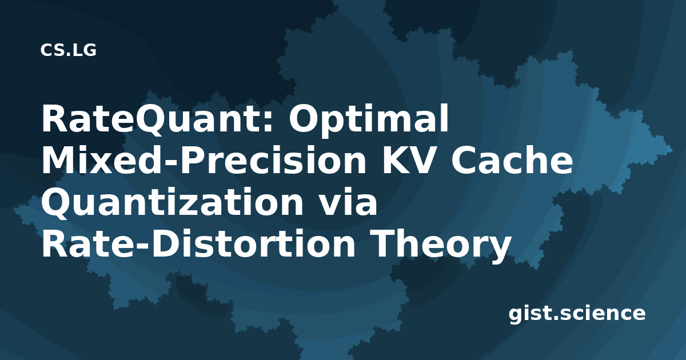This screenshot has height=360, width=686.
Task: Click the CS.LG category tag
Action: pos(68,50)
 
